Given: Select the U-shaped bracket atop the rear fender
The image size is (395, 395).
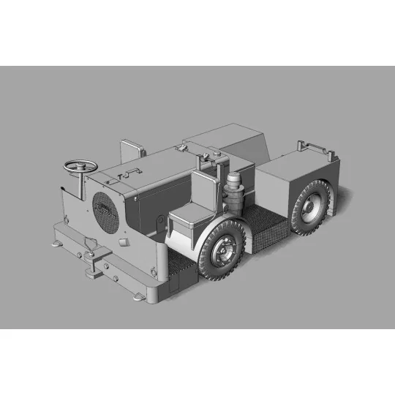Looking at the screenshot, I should coord(317,151).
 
